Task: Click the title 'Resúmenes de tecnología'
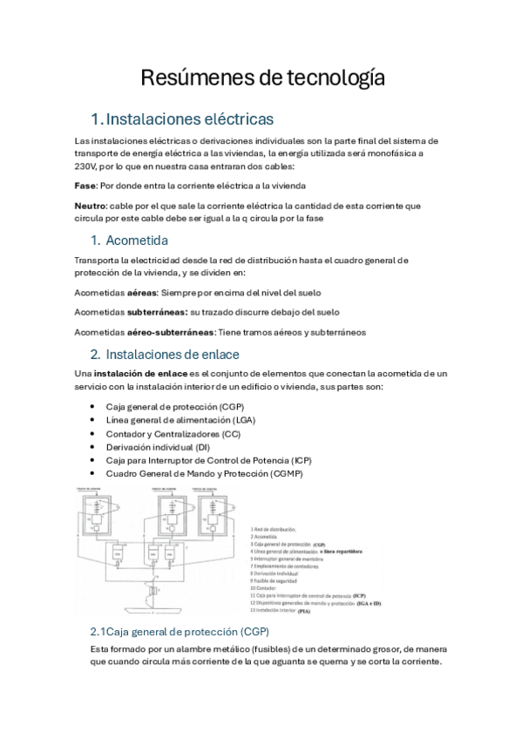tap(261, 78)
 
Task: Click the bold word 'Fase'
tap(85, 186)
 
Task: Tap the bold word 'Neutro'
tap(91, 206)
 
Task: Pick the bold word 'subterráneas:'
tap(157, 312)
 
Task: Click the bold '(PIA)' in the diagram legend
tap(304, 612)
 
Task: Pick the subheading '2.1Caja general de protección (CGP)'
tap(180, 631)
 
